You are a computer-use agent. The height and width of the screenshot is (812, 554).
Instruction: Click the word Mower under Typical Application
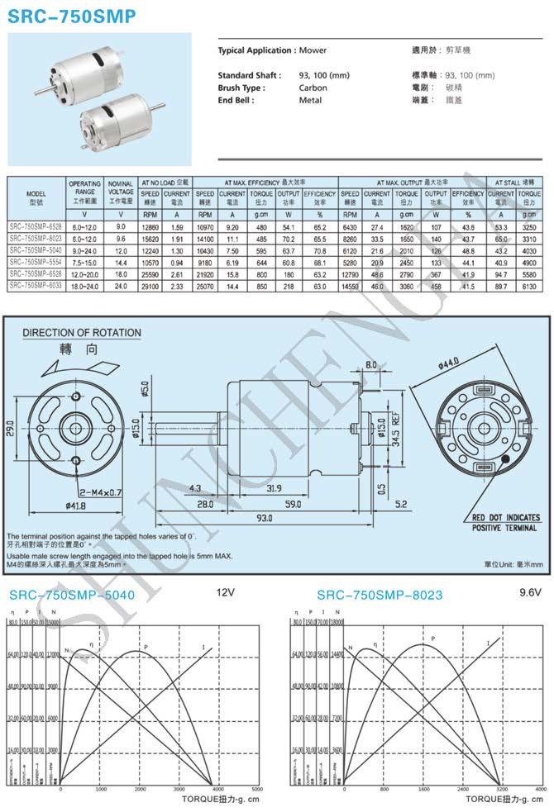click(313, 50)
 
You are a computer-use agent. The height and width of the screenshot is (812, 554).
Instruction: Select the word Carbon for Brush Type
click(313, 88)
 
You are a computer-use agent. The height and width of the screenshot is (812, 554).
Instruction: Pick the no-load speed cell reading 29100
click(150, 286)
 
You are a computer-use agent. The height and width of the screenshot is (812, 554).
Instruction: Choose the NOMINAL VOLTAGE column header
click(121, 188)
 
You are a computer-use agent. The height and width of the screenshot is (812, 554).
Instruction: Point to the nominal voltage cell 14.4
click(121, 262)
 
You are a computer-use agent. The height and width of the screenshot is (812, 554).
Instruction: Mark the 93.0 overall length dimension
click(263, 519)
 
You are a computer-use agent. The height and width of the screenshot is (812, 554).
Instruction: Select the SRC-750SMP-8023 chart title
click(380, 594)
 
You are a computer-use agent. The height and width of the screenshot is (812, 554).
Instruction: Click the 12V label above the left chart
click(227, 592)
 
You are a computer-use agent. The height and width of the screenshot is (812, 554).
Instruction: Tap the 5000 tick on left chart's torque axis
click(256, 791)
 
